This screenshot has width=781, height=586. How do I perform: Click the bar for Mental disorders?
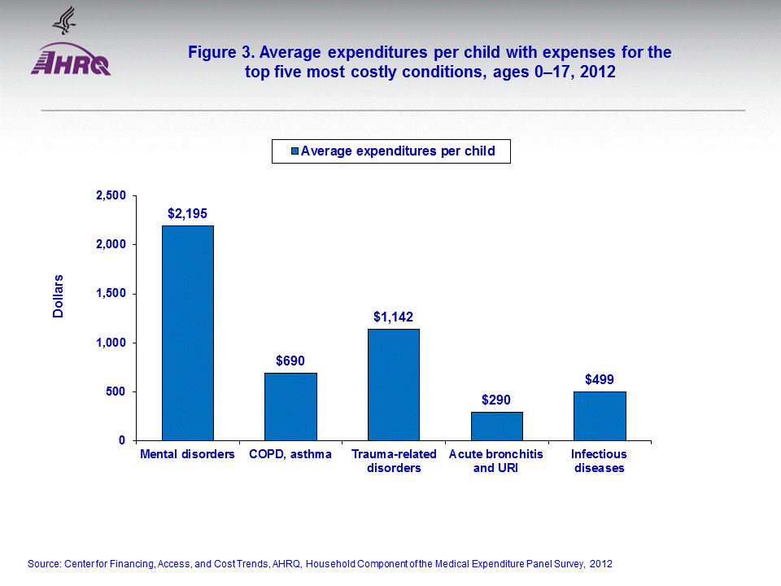tap(188, 333)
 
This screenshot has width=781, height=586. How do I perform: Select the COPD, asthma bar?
tap(290, 406)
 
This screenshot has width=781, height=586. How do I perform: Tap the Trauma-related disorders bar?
tap(394, 384)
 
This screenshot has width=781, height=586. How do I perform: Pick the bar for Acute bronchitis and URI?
tap(496, 426)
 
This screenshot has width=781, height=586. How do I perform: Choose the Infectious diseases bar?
tap(600, 416)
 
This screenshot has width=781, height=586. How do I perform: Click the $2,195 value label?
tap(187, 214)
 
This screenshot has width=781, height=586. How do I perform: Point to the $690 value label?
tap(290, 361)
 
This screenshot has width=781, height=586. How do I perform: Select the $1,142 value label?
tap(394, 317)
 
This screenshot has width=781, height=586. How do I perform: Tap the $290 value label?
tap(496, 400)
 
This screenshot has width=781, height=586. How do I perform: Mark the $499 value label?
tap(600, 379)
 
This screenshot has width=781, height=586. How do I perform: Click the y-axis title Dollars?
tap(59, 296)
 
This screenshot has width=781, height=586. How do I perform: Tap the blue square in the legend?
tap(295, 151)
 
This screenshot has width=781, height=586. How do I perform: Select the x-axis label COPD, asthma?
tap(290, 454)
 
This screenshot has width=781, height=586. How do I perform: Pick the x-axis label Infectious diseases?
tap(599, 461)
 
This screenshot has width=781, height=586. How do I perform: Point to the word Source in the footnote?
tap(45, 564)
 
